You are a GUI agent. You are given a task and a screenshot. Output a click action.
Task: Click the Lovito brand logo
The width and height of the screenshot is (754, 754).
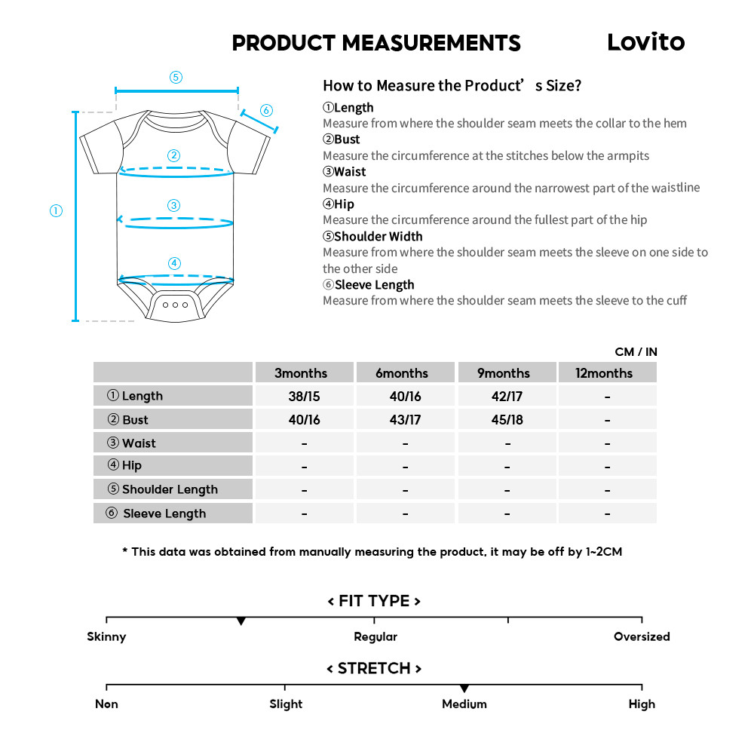pos(645,42)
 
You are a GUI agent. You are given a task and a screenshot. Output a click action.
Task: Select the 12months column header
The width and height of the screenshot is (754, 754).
pos(607,373)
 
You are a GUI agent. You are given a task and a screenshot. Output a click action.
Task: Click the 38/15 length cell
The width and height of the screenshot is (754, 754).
pos(304,396)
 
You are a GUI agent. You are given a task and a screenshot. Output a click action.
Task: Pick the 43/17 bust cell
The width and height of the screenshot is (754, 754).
pos(405,420)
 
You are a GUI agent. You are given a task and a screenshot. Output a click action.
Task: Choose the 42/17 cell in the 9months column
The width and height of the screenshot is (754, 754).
pos(507,396)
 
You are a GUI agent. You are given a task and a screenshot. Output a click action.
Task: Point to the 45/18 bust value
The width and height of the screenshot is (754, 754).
pos(507,420)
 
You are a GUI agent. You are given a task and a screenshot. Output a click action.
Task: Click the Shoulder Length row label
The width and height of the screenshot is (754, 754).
pos(170,489)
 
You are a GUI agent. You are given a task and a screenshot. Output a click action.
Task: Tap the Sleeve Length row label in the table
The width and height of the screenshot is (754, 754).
pos(164,513)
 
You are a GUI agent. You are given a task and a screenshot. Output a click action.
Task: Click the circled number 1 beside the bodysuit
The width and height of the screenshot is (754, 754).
pos(56,211)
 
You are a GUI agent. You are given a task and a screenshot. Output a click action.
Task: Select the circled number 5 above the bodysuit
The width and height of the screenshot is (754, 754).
pos(176,77)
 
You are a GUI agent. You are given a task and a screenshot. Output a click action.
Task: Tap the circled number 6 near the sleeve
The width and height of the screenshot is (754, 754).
pos(266,111)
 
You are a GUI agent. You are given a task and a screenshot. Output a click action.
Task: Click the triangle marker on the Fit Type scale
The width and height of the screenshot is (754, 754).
pos(241,621)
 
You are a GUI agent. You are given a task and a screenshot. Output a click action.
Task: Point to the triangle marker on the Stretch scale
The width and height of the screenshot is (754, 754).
pos(464,688)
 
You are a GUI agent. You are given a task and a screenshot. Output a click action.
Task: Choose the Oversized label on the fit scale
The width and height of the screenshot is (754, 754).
pos(642,636)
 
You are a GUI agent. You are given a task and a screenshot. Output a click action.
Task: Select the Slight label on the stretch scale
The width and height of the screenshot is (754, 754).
pos(286,704)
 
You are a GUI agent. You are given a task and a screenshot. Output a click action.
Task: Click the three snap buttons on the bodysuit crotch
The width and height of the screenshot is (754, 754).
pos(175,305)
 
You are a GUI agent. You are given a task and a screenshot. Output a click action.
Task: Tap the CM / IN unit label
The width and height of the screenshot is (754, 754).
pos(636,351)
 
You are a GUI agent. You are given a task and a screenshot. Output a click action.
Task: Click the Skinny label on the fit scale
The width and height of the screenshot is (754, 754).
pos(106,636)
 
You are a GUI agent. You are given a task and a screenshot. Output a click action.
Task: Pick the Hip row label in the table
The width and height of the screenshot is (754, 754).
pos(131,465)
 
